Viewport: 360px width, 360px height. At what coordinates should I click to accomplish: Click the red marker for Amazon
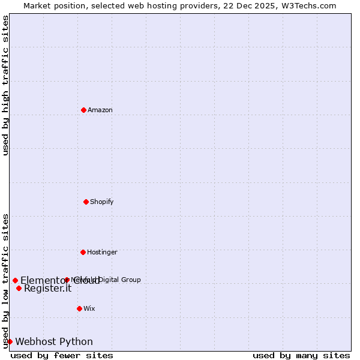click(83, 110)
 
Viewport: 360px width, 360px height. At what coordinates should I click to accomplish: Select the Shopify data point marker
click(86, 202)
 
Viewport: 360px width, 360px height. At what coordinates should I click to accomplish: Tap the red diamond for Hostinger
click(83, 252)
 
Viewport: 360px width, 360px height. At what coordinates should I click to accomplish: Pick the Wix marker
click(79, 308)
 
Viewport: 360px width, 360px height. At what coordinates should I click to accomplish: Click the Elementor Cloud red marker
click(15, 280)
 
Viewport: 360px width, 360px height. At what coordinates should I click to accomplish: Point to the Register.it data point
click(19, 288)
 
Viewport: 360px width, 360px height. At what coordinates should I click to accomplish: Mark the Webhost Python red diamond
click(10, 341)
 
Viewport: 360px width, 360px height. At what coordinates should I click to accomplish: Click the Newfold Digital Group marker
click(67, 280)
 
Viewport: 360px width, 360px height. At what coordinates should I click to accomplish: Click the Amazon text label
click(100, 110)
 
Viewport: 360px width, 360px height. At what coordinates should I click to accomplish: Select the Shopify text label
click(102, 202)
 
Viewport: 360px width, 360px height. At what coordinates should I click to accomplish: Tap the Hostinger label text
click(102, 252)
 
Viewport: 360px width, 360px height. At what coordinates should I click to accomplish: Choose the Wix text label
click(89, 308)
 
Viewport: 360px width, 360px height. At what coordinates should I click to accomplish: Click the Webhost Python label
click(54, 341)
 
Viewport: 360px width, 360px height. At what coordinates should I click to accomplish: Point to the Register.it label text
click(47, 288)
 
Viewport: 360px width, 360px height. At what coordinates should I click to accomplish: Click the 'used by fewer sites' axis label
click(62, 355)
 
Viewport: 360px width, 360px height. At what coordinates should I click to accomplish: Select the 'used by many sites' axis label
click(301, 355)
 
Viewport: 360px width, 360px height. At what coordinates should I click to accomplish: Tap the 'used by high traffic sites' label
click(5, 85)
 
